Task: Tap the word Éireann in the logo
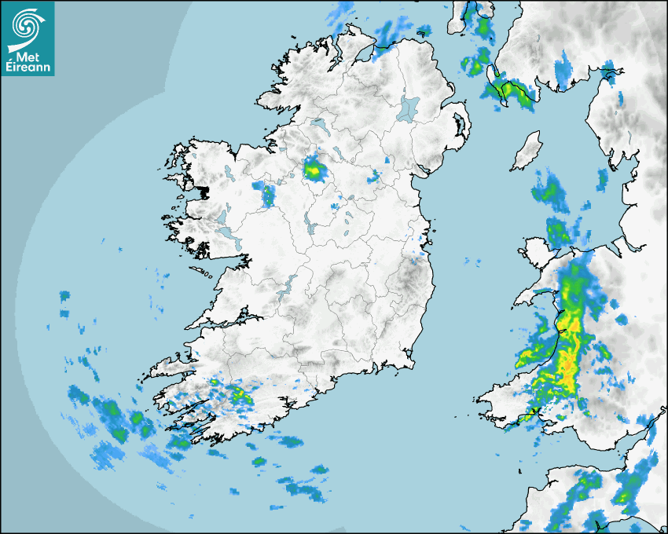pyautogui.click(x=28, y=68)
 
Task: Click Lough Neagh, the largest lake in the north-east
pyautogui.click(x=409, y=108)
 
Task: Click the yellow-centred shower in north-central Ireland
pyautogui.click(x=314, y=168)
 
